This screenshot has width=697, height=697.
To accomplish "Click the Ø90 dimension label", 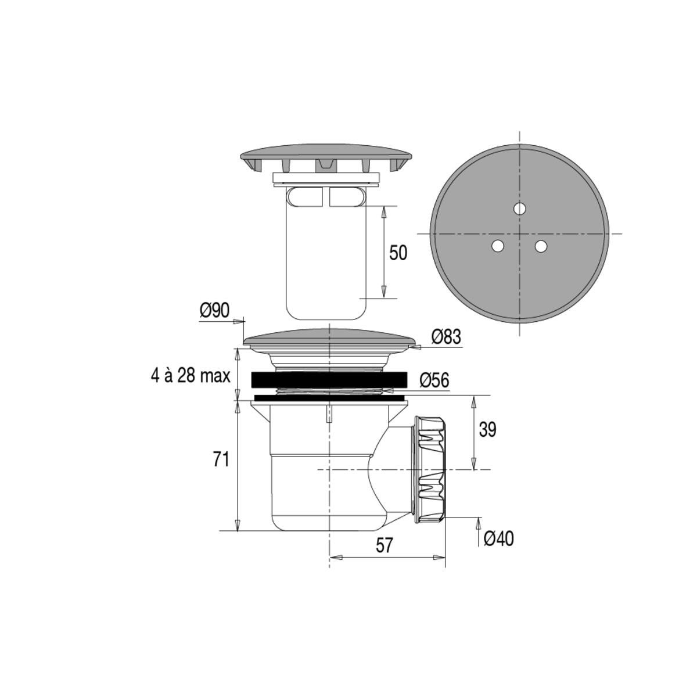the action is click(215, 310).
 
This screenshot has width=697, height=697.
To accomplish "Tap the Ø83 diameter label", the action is click(446, 337).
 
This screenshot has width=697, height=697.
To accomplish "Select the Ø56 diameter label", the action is click(434, 380).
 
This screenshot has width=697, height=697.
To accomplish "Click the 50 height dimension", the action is click(398, 253).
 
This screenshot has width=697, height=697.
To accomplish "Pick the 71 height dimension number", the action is click(221, 460).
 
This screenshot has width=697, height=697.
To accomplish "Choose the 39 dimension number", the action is click(487, 430).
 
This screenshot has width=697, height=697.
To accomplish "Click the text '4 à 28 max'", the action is click(191, 376).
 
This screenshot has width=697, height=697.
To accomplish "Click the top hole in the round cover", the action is click(520, 209).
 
